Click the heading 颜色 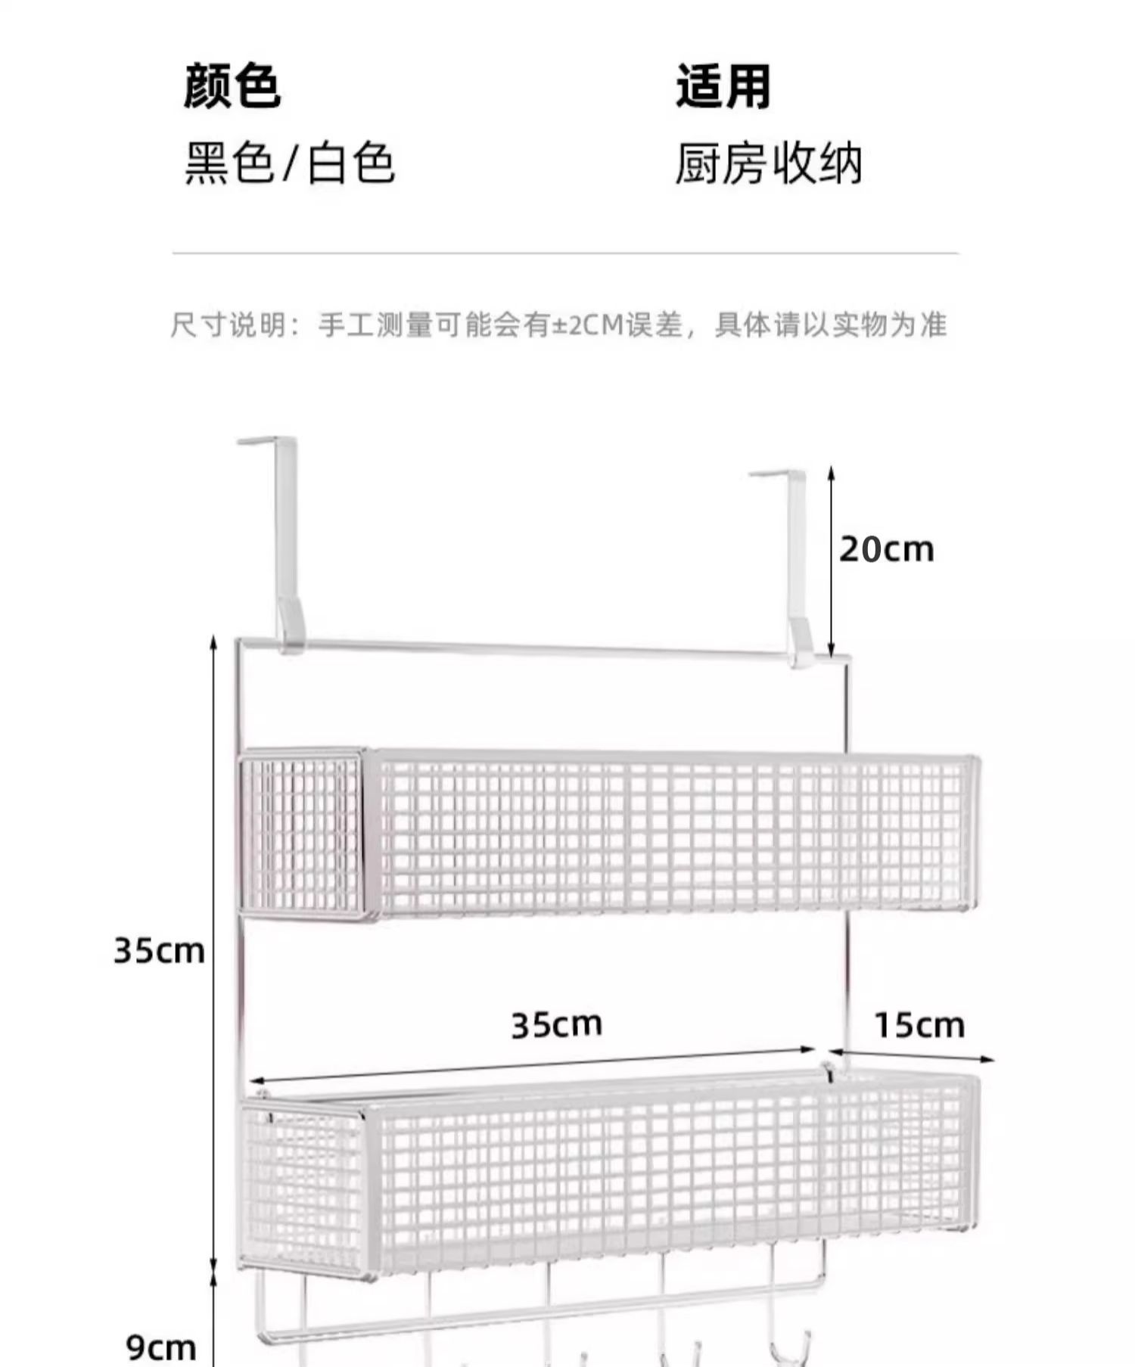click(232, 86)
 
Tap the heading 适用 click(723, 86)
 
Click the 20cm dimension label click(886, 549)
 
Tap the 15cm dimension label click(919, 1027)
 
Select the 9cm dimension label click(161, 1347)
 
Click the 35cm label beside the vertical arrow click(159, 950)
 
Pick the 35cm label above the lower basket click(557, 1025)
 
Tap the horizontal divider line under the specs click(565, 253)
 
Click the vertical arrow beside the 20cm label click(831, 560)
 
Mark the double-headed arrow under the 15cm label click(911, 1055)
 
